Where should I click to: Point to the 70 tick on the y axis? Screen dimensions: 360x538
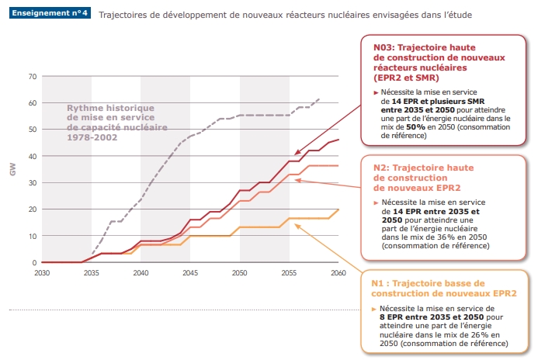coord(32,76)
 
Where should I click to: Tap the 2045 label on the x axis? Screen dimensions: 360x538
coord(189,273)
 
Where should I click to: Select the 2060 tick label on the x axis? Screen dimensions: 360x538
coord(338,273)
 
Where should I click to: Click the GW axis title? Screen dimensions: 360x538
coord(12,169)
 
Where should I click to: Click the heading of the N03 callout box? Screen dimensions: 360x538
coord(439,62)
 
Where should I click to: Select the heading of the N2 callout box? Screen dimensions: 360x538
coord(423,178)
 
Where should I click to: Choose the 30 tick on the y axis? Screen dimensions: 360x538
coord(32,182)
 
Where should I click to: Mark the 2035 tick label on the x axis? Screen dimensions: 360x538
coord(91,273)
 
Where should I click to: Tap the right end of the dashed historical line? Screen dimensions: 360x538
coord(319,99)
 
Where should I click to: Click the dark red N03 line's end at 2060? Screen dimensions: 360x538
coord(338,140)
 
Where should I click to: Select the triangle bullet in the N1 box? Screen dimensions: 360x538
coord(374,309)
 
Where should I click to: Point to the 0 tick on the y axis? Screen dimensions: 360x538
coord(34,262)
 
